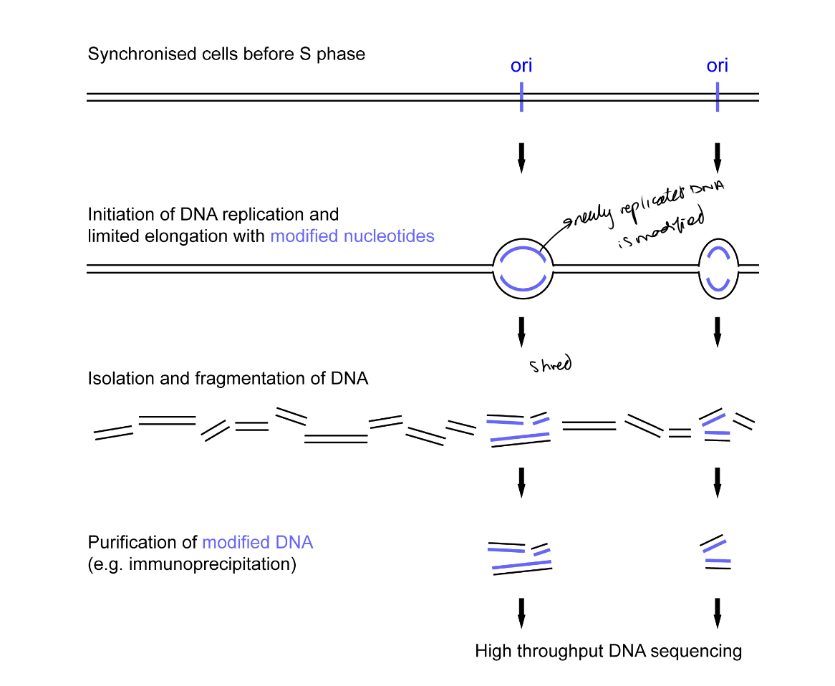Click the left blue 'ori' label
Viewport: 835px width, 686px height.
pos(521,67)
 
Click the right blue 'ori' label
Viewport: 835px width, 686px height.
pos(717,67)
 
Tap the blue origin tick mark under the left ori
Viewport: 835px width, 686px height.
pos(521,97)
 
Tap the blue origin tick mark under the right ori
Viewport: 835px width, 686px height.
pos(717,97)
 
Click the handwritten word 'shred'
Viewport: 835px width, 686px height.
pos(551,364)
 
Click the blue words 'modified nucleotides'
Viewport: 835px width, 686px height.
pos(352,236)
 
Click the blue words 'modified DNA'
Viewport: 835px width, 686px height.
pos(257,542)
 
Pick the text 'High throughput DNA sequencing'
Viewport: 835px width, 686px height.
pos(608,651)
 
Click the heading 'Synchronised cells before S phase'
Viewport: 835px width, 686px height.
pos(226,54)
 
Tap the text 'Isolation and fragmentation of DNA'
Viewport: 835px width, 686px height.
pos(228,378)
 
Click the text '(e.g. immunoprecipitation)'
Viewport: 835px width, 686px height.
pos(191,564)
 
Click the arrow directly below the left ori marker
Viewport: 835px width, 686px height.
pos(521,157)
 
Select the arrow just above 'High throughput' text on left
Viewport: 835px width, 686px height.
pos(521,612)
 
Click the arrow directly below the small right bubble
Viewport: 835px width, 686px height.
pos(717,331)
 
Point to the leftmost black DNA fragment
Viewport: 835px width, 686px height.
pos(113,432)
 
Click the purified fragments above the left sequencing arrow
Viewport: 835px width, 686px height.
pos(521,557)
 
